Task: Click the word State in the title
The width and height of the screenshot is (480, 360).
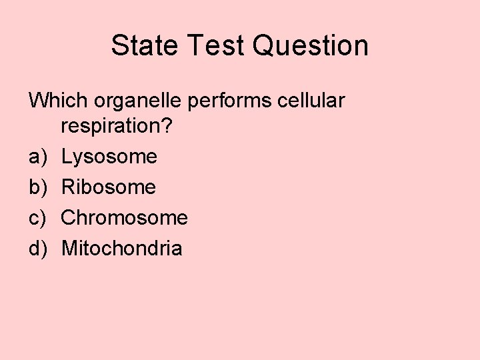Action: pos(142,46)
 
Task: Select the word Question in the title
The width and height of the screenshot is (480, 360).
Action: pos(311,46)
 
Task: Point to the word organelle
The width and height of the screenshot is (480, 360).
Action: pos(138,102)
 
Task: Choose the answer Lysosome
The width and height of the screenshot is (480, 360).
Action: pos(109,157)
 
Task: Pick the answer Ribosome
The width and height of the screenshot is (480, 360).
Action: pos(109,187)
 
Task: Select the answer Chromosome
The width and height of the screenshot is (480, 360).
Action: pos(125,218)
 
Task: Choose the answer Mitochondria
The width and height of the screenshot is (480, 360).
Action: pos(121,249)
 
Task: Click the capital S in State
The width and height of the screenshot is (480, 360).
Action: pos(120,46)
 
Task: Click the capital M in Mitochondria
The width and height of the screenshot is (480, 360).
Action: pos(69,249)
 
